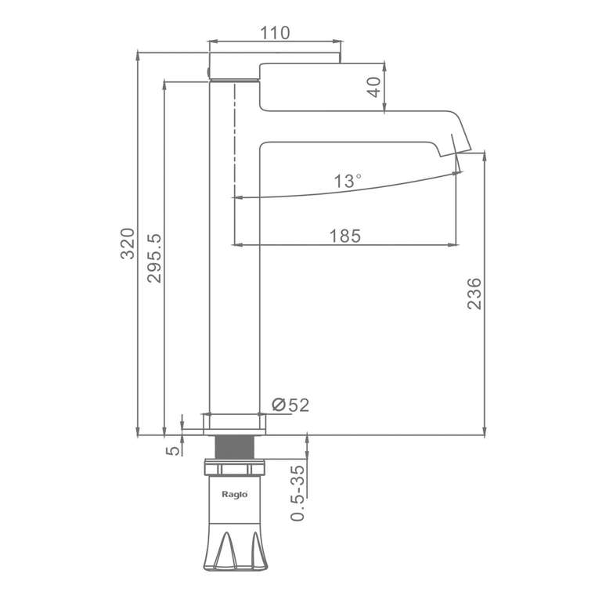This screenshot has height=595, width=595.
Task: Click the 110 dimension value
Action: pos(275,33)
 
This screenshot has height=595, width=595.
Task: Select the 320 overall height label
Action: pos(128,243)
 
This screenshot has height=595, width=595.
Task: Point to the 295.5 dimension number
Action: pos(154,258)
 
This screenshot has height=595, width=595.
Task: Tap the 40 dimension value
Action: pos(374,87)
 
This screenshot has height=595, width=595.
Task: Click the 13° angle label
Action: pos(347,181)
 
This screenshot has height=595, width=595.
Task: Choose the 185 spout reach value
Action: pos(345,236)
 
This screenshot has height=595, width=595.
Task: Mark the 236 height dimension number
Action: pos(474,294)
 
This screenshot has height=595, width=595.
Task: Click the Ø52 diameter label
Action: pos(290,406)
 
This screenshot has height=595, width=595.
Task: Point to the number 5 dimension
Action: pos(173,450)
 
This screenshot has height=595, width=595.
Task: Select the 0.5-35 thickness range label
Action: pos(297,493)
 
